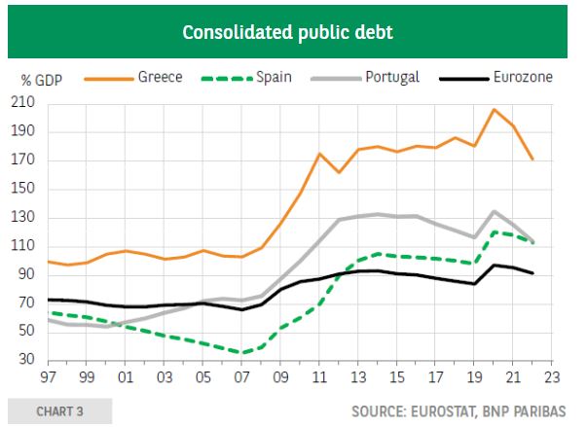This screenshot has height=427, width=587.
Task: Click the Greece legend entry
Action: click(x=160, y=76)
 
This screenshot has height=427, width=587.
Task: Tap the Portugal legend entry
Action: click(x=392, y=76)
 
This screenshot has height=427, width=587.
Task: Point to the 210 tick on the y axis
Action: click(x=22, y=102)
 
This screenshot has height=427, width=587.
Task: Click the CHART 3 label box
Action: click(x=59, y=411)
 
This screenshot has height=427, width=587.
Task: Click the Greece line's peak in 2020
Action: click(x=494, y=109)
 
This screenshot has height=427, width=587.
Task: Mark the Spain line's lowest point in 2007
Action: click(x=241, y=353)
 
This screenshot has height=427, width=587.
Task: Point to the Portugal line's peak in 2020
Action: click(x=494, y=211)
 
